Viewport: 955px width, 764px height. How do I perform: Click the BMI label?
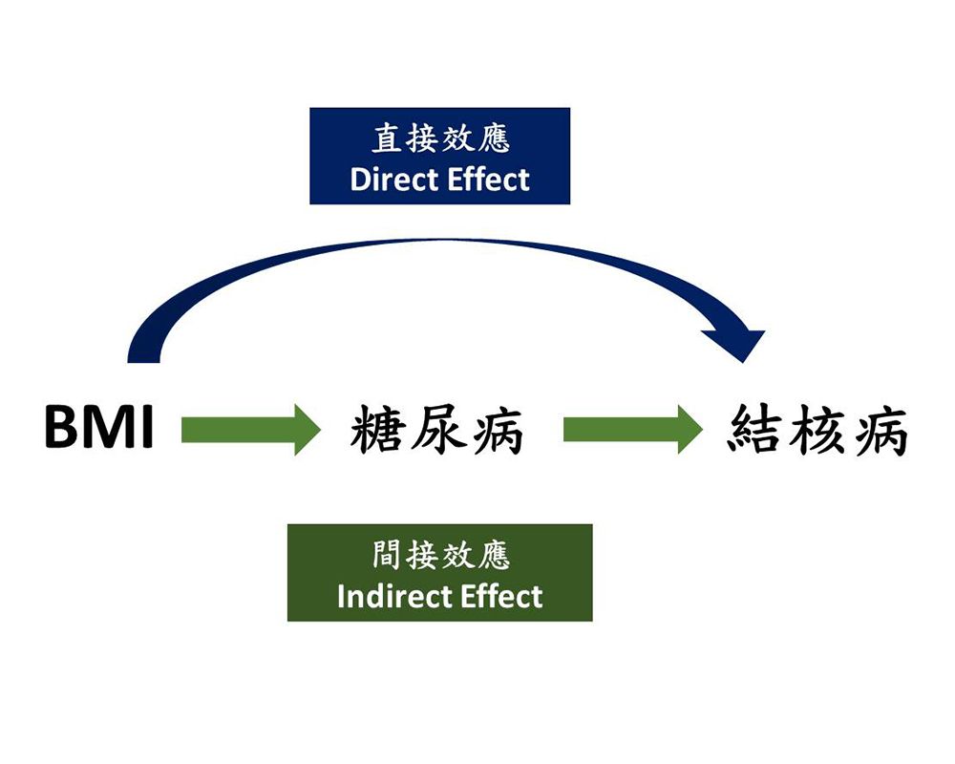(x=98, y=428)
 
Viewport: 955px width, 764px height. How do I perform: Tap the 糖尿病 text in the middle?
(x=437, y=430)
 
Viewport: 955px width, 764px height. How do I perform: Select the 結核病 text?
(x=817, y=428)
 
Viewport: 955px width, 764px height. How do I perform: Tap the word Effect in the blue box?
(x=491, y=179)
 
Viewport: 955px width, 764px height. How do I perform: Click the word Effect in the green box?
(x=502, y=597)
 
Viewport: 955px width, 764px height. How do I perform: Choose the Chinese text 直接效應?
(x=440, y=139)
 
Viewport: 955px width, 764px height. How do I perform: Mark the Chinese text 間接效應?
(x=440, y=556)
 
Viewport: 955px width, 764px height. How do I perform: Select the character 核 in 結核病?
(x=817, y=428)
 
